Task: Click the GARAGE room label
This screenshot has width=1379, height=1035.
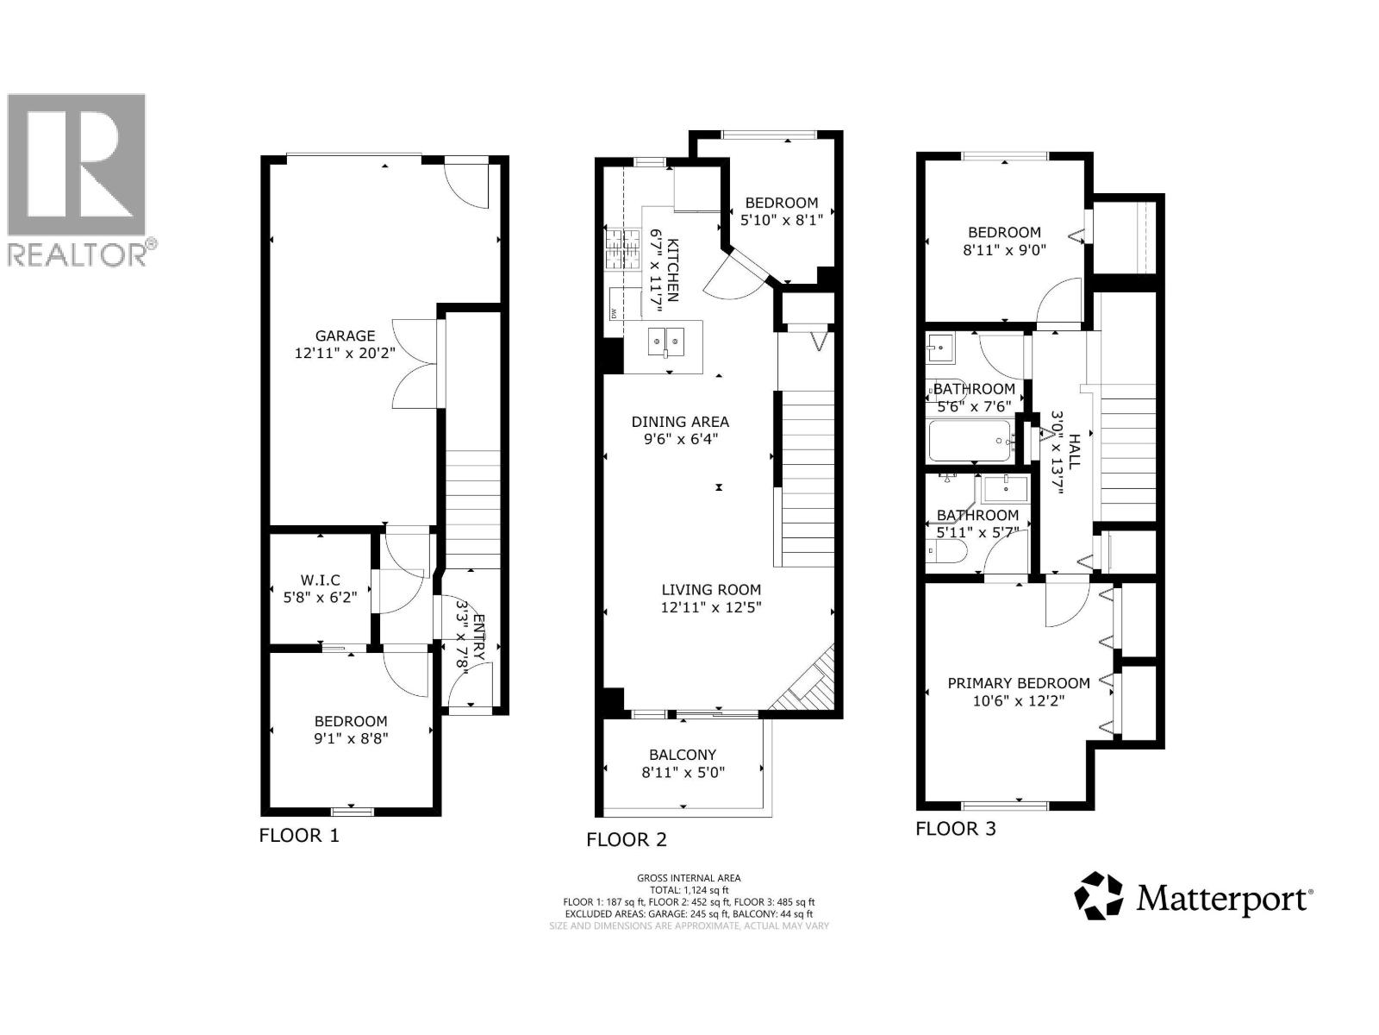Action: click(x=345, y=336)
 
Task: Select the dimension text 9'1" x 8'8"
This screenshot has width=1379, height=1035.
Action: click(x=351, y=737)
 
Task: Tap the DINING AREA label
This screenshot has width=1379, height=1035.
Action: click(x=680, y=422)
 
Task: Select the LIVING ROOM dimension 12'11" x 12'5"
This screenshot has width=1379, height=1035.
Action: click(x=711, y=606)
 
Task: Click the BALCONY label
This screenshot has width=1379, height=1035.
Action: click(x=683, y=754)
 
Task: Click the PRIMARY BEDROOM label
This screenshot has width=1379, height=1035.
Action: click(x=1018, y=683)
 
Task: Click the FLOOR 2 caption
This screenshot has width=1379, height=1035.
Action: click(x=627, y=839)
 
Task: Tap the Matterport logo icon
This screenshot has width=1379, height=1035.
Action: click(x=1099, y=895)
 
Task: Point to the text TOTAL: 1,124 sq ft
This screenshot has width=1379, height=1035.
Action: click(x=689, y=889)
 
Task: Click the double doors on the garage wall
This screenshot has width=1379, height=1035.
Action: click(x=412, y=363)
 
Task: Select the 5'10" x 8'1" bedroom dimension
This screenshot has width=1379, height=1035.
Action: click(x=782, y=219)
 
